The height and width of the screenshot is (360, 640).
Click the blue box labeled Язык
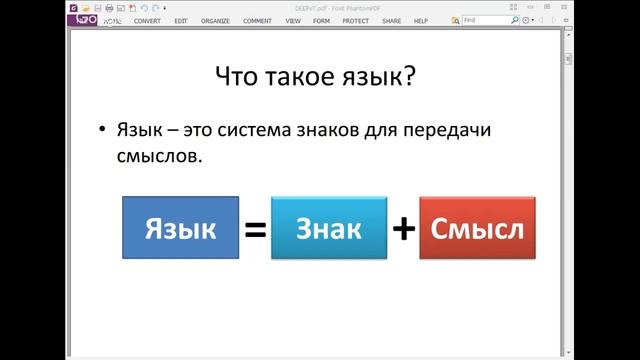click(x=181, y=229)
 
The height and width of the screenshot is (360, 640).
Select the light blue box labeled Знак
click(x=329, y=229)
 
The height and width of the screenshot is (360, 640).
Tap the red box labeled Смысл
click(x=477, y=229)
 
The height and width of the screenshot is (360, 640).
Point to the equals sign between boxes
click(x=255, y=230)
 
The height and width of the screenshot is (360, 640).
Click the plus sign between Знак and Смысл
click(x=403, y=229)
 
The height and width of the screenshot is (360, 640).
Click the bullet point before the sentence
click(x=101, y=132)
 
